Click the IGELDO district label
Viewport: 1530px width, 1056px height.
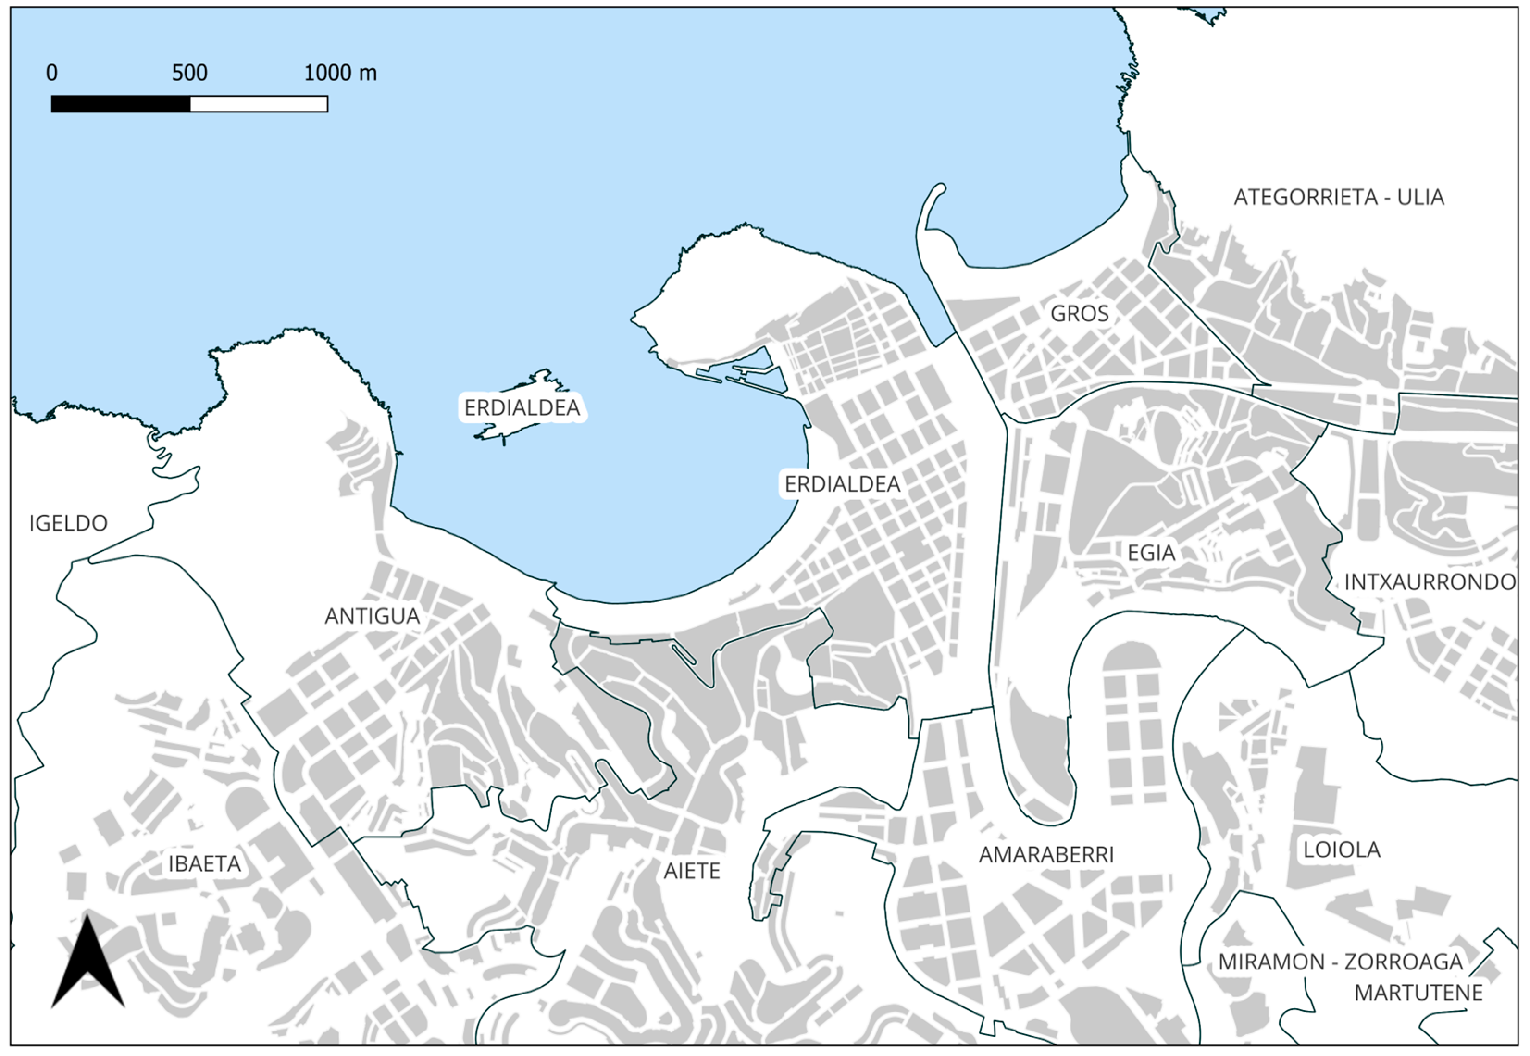click(68, 523)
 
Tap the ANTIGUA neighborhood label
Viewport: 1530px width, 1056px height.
click(372, 616)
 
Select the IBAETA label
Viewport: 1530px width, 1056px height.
click(205, 864)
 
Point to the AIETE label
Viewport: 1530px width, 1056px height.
click(692, 871)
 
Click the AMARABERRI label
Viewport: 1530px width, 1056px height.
click(1046, 855)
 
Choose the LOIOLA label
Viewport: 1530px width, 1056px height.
click(1342, 850)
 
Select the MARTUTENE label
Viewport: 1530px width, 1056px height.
click(1418, 993)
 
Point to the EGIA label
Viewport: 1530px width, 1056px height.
click(1151, 552)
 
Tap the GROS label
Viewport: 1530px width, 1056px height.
click(1080, 313)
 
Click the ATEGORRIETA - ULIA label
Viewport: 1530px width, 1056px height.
click(1339, 197)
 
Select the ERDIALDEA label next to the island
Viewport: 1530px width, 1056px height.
click(522, 407)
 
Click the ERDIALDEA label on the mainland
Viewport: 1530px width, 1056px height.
click(842, 484)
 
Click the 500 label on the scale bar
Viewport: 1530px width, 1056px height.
click(190, 73)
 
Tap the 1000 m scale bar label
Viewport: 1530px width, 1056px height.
click(340, 73)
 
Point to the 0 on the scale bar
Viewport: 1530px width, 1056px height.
click(51, 73)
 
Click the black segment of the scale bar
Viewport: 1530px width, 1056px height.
click(120, 104)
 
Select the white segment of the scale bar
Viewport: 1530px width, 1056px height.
click(259, 104)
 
